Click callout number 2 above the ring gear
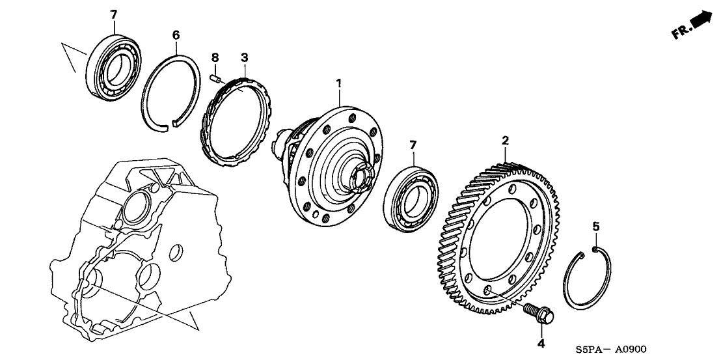click(x=504, y=140)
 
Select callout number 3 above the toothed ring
click(x=244, y=59)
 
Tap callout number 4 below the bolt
click(x=539, y=343)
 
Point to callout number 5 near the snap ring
click(x=595, y=227)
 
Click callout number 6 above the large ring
click(x=175, y=35)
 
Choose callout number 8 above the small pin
click(x=214, y=59)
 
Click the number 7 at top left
click(x=113, y=14)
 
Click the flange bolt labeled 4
click(x=539, y=314)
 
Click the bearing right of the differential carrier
click(x=412, y=199)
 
